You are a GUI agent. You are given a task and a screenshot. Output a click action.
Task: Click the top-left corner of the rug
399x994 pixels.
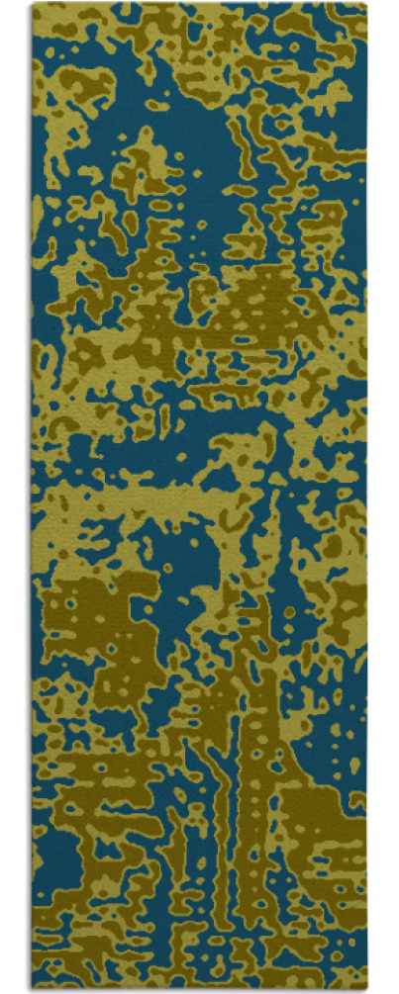33,5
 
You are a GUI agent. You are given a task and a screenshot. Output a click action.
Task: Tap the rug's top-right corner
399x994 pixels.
366,4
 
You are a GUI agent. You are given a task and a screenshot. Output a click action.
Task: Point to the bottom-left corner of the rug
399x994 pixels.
32,988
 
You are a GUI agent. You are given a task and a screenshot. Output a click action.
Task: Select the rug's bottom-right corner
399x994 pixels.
367,988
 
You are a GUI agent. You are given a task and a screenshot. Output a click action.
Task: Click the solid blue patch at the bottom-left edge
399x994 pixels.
54,851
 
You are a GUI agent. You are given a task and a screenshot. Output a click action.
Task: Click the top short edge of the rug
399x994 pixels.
198,5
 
